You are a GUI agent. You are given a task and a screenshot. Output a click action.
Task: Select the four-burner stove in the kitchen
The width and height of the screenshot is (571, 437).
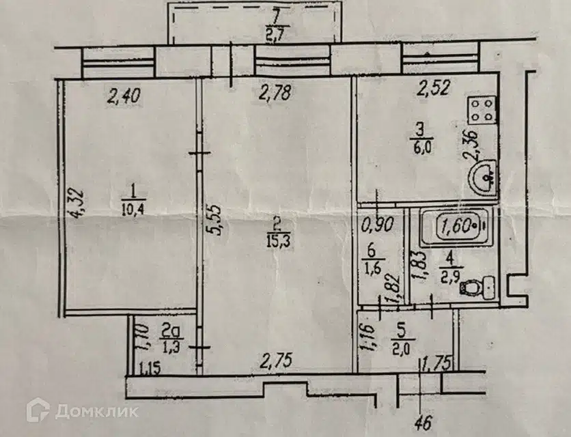pos(482,110)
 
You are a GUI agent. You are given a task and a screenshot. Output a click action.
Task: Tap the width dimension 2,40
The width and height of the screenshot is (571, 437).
pos(124,97)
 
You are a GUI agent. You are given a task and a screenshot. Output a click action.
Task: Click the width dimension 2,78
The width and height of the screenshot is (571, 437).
pos(275,93)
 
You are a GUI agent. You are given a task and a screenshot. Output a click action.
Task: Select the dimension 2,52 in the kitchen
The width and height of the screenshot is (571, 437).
pos(434,89)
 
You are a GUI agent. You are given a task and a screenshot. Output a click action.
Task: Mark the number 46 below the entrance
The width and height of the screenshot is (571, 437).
pos(423,423)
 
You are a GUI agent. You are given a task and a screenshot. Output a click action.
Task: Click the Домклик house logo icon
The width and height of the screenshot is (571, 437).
pos(38,410)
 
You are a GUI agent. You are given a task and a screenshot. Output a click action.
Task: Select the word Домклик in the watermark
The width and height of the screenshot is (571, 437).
pos(97,412)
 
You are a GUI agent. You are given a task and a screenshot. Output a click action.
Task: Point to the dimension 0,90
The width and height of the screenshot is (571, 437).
pos(378,225)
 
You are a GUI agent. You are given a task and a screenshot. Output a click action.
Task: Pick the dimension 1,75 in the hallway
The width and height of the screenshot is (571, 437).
pos(437,363)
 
